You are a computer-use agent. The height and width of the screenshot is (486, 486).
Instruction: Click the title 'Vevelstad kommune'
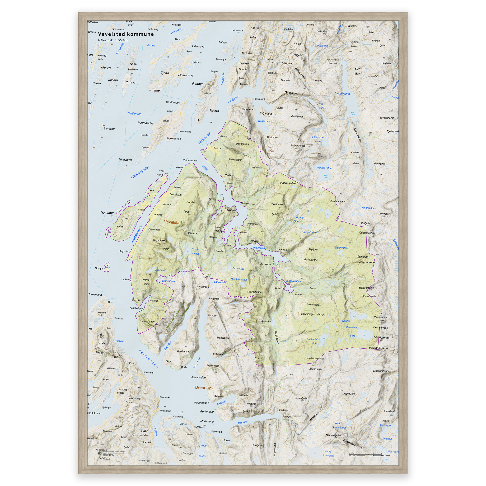126,34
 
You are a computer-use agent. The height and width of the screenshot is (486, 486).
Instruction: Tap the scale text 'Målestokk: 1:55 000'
113,40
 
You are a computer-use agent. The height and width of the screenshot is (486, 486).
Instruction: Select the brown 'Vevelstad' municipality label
173,222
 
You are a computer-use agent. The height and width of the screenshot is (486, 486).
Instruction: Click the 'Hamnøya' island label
107,213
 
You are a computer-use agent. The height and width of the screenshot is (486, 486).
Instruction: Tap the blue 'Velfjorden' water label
149,359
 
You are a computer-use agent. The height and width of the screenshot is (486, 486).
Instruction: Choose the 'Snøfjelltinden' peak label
254,292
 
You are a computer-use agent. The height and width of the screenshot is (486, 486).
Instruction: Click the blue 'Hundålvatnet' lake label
342,93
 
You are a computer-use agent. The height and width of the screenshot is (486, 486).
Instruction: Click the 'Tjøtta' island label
165,73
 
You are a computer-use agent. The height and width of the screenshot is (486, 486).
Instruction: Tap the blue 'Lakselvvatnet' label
293,281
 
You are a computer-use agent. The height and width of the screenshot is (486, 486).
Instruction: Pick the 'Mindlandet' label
145,123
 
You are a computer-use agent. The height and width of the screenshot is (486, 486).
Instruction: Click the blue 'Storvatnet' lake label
238,268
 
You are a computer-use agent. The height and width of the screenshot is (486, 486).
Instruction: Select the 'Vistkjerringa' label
382,338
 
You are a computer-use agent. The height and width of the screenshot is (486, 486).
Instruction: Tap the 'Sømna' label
104,458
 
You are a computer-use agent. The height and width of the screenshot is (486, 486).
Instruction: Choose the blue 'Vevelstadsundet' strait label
137,234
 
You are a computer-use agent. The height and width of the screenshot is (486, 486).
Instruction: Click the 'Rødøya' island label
197,84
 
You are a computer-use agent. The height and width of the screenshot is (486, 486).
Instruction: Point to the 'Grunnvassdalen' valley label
352,444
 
